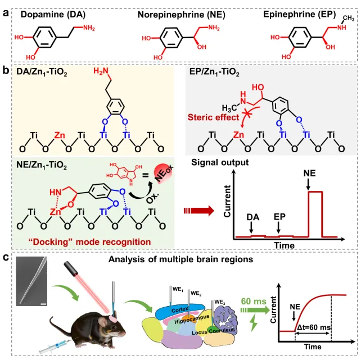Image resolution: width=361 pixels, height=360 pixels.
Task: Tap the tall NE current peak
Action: click(x=314, y=213)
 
